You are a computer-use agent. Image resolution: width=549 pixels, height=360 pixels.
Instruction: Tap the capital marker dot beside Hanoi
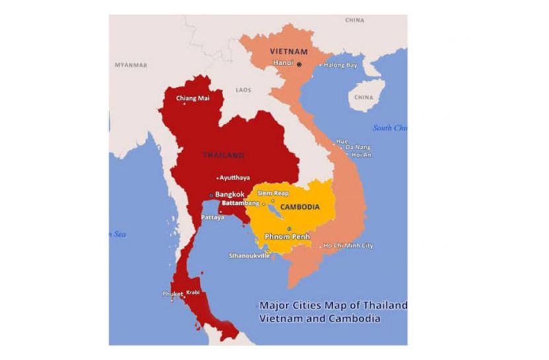point(299,64)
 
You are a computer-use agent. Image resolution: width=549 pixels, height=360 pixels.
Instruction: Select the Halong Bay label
point(341,65)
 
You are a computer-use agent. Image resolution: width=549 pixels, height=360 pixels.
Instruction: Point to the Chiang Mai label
point(192,99)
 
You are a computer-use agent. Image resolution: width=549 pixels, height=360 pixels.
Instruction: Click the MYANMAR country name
point(131,65)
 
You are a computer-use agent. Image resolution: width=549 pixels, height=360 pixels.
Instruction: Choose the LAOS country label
point(243,89)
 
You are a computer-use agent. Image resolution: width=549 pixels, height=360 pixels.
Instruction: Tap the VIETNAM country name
point(289,51)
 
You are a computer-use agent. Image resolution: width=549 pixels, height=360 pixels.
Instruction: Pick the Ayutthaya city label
point(235,178)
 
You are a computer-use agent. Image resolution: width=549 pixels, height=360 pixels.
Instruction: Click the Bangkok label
point(230,195)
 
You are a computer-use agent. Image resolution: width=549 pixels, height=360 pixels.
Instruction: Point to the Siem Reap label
point(273,193)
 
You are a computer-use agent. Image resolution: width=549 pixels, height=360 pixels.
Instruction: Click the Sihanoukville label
point(249,255)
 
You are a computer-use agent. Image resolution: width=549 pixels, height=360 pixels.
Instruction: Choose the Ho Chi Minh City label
point(349,246)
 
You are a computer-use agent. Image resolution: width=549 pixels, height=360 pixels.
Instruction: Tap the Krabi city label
point(192,292)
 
